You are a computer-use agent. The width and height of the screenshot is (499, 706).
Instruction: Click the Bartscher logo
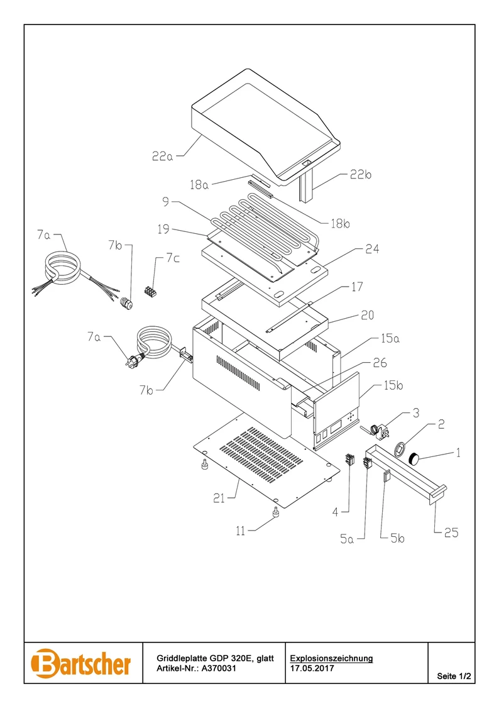[x=81, y=663]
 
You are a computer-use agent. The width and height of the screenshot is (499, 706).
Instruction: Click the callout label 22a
[x=162, y=157]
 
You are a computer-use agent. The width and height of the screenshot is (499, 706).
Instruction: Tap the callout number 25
[x=451, y=532]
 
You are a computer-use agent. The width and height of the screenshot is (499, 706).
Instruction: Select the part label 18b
[x=340, y=224]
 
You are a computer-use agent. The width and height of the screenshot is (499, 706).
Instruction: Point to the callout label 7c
[x=173, y=258]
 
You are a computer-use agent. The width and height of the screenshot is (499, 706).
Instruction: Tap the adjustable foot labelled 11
[x=273, y=513]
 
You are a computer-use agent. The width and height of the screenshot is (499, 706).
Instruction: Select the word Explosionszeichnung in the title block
[x=331, y=658]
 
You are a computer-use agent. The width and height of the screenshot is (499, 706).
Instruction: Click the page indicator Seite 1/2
[x=454, y=676]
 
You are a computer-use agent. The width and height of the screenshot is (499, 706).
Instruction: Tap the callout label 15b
[x=393, y=385]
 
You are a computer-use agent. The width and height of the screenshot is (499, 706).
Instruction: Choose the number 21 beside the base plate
[x=219, y=499]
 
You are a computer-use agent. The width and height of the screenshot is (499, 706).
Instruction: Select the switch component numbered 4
[x=350, y=461]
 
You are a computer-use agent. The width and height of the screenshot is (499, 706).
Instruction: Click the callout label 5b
[x=397, y=538]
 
